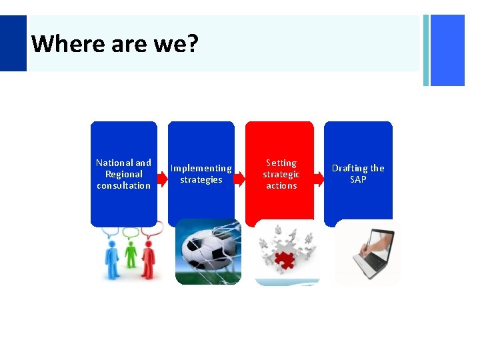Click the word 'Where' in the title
(x=59, y=44)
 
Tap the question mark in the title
(x=192, y=44)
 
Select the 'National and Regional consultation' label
(x=123, y=174)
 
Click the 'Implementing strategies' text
(x=201, y=174)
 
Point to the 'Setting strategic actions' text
(x=281, y=174)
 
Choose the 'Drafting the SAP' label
(x=358, y=174)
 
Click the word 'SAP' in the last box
(x=358, y=180)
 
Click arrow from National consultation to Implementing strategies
(x=162, y=179)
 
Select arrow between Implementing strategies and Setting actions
(x=239, y=179)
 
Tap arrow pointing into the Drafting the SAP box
(x=318, y=179)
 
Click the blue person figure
(x=113, y=260)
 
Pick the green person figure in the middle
(x=131, y=260)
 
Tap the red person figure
(x=149, y=260)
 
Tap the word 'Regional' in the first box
(x=123, y=174)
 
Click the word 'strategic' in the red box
(x=281, y=174)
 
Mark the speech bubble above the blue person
(x=111, y=233)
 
